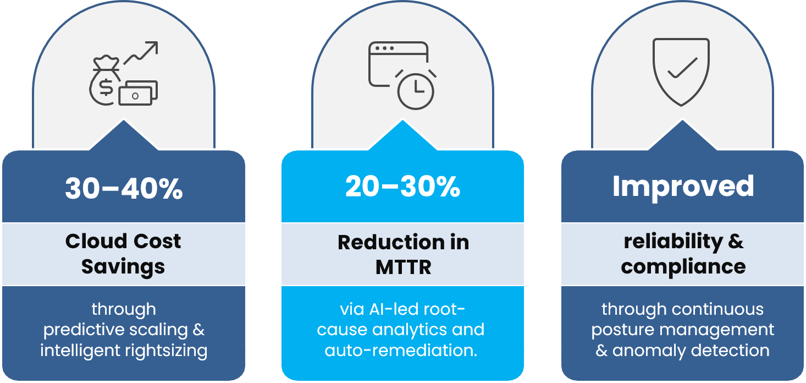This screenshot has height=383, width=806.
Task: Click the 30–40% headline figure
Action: [124, 188]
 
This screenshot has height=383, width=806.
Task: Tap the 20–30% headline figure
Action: [403, 187]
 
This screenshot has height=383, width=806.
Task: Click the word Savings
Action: [123, 266]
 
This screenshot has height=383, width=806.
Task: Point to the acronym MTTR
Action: [403, 267]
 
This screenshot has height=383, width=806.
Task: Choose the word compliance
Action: [683, 266]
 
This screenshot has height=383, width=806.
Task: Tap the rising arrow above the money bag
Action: [141, 53]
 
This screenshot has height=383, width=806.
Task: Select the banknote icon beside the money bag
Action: [138, 92]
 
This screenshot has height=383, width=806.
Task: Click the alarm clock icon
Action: [416, 88]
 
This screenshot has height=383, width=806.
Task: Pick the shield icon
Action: [681, 72]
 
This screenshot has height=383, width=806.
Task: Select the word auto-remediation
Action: [401, 351]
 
